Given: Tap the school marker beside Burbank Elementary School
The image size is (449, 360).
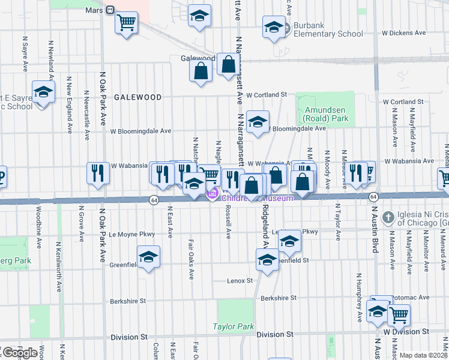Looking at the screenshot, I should [x=274, y=27].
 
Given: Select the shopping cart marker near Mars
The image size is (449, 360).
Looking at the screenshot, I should [x=126, y=23].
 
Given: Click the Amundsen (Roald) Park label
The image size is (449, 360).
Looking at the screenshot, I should [x=326, y=115].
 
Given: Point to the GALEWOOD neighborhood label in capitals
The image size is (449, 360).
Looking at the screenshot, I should [x=138, y=97].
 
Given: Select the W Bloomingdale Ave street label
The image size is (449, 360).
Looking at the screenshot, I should [x=140, y=131].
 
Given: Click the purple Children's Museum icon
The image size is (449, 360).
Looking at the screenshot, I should [x=211, y=194].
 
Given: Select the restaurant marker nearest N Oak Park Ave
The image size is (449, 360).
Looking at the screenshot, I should [x=97, y=173].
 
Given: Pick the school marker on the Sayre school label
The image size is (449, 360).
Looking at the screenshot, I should [x=43, y=92].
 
